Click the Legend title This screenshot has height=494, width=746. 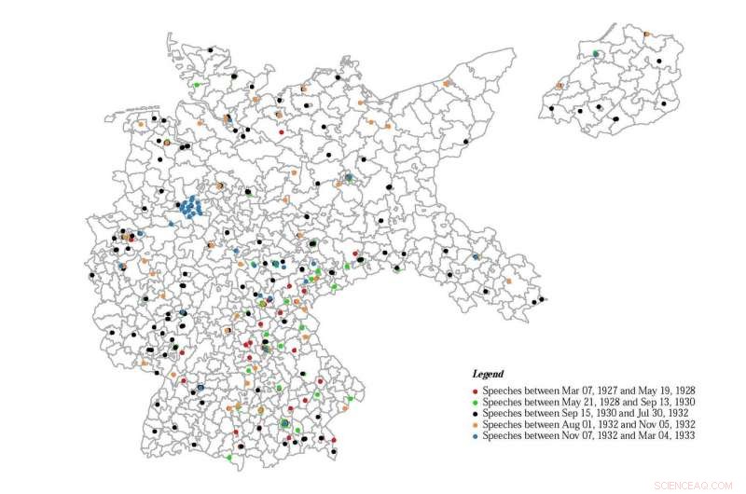coord(488,374)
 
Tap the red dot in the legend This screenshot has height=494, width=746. coord(477,390)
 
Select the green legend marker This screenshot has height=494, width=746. coord(477,401)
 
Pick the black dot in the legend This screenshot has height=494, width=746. coord(477,413)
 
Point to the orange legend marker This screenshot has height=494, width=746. coord(477,424)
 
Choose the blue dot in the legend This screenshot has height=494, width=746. coord(477,435)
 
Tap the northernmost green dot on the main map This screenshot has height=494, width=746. coord(197,85)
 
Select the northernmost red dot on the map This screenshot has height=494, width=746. coord(283,132)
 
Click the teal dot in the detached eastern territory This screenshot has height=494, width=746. coord(595,53)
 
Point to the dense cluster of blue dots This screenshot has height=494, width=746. coord(191,206)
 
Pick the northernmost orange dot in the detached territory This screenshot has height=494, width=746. coord(646,34)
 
